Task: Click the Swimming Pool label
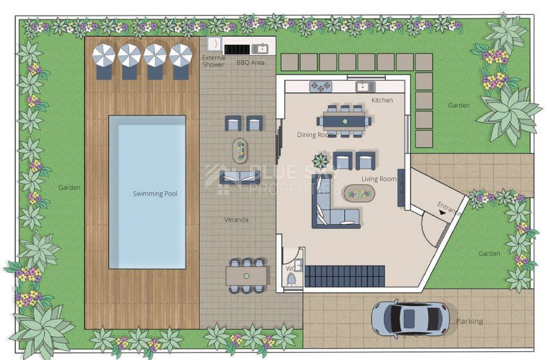tap(155, 194)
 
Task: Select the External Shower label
tap(214, 61)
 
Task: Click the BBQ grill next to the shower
tap(236, 48)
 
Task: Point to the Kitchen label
tap(382, 101)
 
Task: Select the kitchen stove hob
tap(320, 86)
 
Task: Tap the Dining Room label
tap(316, 135)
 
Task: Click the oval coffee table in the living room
tap(360, 194)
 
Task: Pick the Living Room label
tap(379, 179)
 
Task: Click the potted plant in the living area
tap(321, 162)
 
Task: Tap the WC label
tap(290, 269)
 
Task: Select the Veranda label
tap(236, 220)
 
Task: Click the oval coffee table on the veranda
tap(239, 150)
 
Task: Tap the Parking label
tap(469, 322)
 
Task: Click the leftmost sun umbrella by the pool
tap(104, 56)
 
